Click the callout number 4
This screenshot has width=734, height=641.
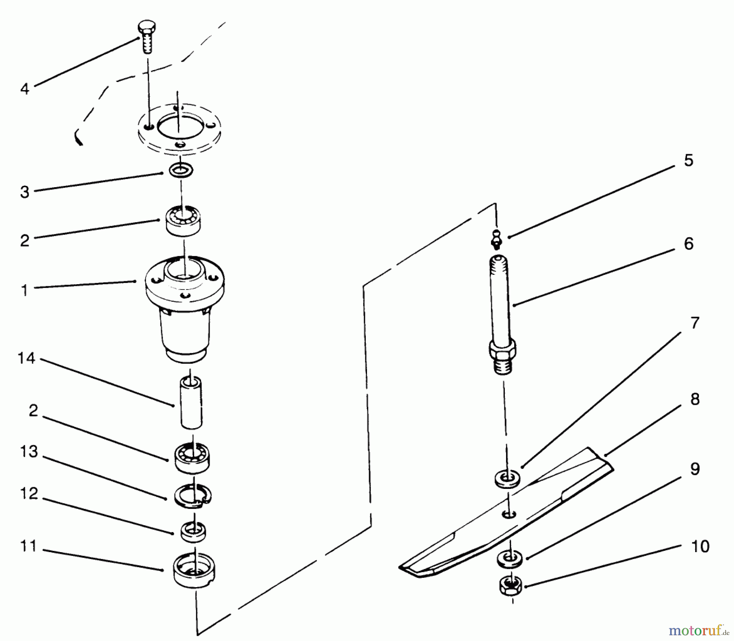pyautogui.click(x=25, y=89)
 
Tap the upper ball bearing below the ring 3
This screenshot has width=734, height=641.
pyautogui.click(x=183, y=221)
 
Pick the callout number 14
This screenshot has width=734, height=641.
pyautogui.click(x=27, y=359)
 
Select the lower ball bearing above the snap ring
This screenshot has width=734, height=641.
pyautogui.click(x=192, y=458)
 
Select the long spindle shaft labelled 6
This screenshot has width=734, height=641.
pyautogui.click(x=502, y=314)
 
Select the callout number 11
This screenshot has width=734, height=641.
pyautogui.click(x=28, y=546)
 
